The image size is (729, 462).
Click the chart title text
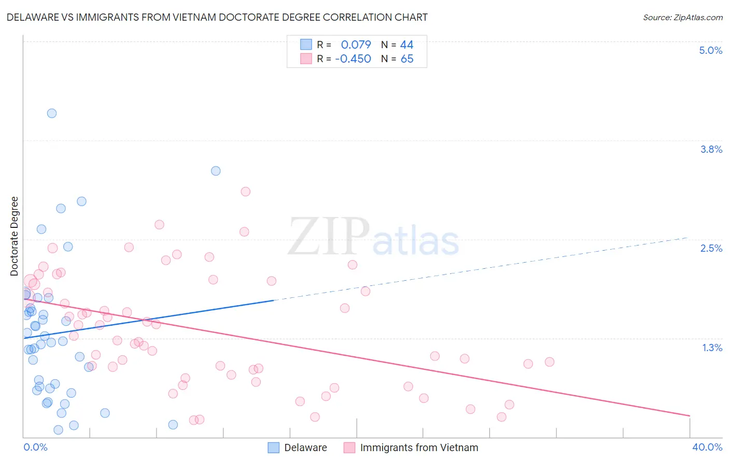(x=217, y=17)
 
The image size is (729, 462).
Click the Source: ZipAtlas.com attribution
(x=682, y=17)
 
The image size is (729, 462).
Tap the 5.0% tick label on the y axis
(x=710, y=50)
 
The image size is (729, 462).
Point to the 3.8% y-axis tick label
(x=711, y=149)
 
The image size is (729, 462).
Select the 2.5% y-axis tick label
(x=711, y=248)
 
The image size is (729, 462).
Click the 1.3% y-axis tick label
(x=712, y=348)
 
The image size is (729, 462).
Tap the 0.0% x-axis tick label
(x=35, y=447)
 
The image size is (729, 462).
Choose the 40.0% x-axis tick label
(x=707, y=447)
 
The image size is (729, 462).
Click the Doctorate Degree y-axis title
(x=15, y=236)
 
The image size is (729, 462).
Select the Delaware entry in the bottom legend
(x=305, y=447)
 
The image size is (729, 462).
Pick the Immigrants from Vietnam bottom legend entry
(x=418, y=447)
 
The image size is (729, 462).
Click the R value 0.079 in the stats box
(x=356, y=45)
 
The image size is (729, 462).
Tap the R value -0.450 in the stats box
(x=353, y=59)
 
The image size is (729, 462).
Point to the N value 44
(x=406, y=45)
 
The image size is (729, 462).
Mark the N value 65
(x=407, y=59)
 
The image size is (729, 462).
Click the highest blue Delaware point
(x=52, y=113)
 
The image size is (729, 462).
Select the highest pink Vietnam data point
(x=246, y=192)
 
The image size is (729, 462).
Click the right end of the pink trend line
(x=689, y=415)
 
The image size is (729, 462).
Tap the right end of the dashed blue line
(x=687, y=238)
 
